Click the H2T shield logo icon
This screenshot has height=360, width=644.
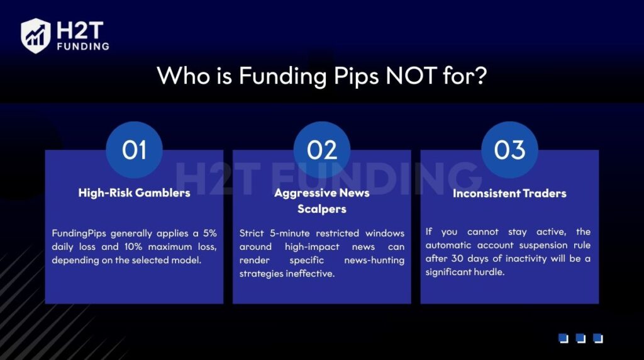click(x=36, y=35)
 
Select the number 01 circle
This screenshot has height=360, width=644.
click(x=134, y=150)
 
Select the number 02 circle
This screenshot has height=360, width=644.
click(x=322, y=150)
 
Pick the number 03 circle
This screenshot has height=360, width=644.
click(x=509, y=150)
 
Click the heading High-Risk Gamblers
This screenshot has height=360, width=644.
click(x=134, y=193)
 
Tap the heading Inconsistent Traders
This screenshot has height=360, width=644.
click(x=509, y=193)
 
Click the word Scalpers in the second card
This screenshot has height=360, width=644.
click(x=322, y=209)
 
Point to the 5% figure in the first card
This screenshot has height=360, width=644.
click(x=209, y=233)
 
